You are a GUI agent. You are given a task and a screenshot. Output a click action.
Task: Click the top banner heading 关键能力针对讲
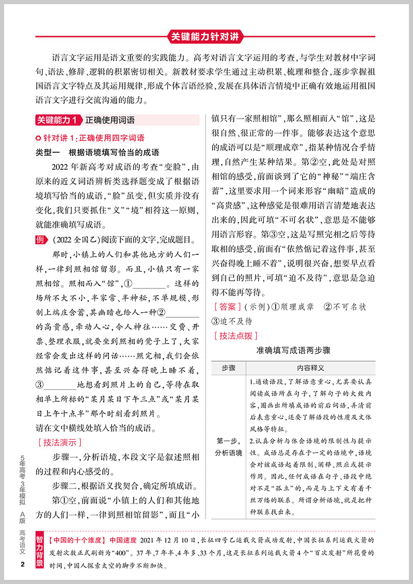pos(206,37)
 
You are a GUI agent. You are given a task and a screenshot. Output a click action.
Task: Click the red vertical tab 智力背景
pos(40,548)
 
